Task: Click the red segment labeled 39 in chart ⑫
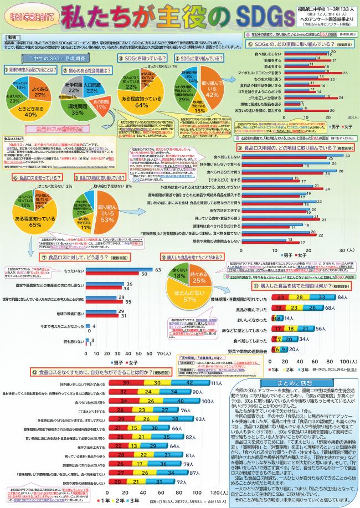(126, 382)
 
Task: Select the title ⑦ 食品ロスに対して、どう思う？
(67, 258)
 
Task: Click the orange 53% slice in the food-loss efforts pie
(104, 207)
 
